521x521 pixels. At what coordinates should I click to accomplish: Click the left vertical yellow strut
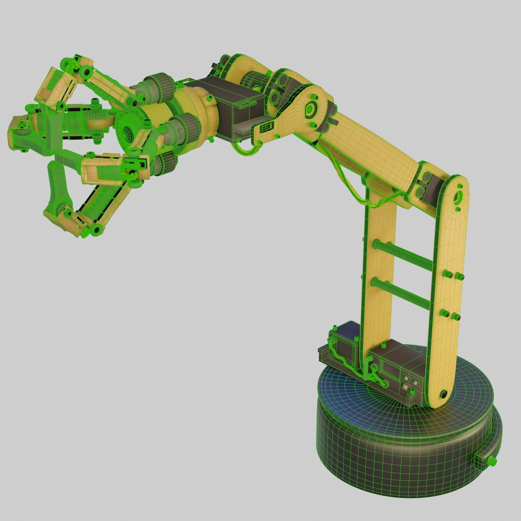(379, 271)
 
